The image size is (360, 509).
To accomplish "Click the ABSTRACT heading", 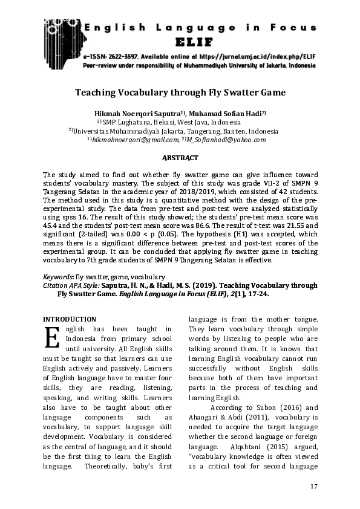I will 180,158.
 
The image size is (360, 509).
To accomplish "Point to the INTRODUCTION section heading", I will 70,319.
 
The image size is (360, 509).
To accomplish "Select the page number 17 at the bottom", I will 313,487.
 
